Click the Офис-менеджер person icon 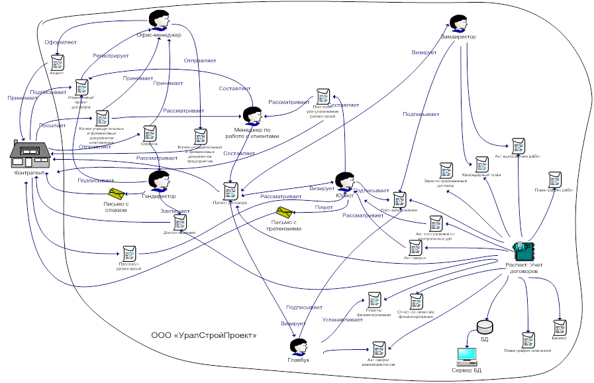tap(159, 20)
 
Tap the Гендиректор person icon tap(159, 180)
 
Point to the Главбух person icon tap(299, 346)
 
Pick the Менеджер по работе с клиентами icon tap(252, 115)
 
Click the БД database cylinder tap(485, 327)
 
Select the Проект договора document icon tap(230, 191)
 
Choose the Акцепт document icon tap(58, 63)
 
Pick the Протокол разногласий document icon tap(129, 252)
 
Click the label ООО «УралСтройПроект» tap(203, 335)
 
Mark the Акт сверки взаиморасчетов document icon tap(379, 350)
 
